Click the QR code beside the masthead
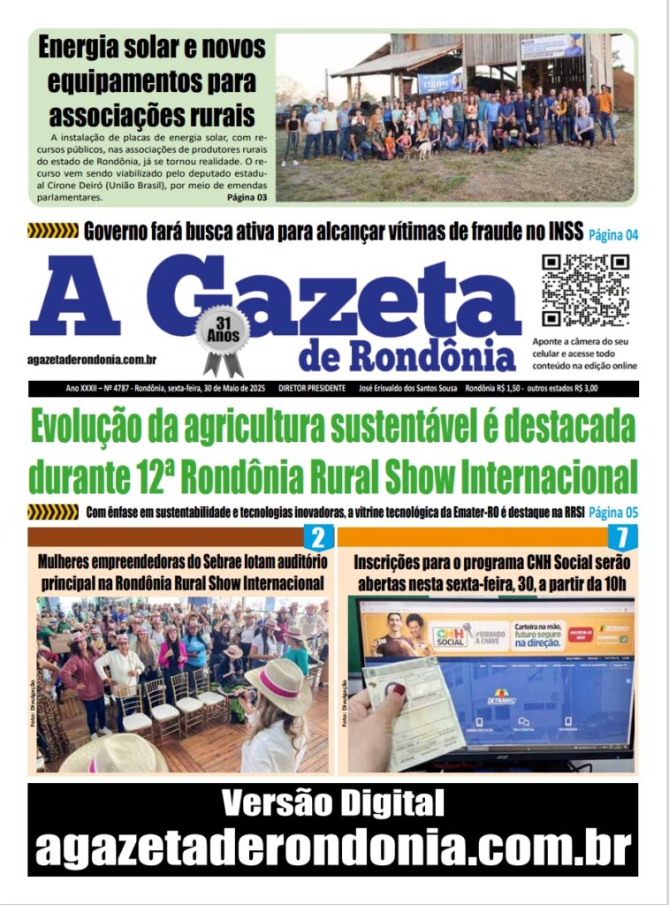point(585,291)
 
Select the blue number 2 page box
point(317,537)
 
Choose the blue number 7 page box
point(622,537)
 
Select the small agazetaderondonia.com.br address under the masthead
point(93,360)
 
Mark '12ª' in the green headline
point(145,476)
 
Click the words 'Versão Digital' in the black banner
point(333,803)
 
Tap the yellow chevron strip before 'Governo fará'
point(53,232)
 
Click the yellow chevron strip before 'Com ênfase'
point(53,512)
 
